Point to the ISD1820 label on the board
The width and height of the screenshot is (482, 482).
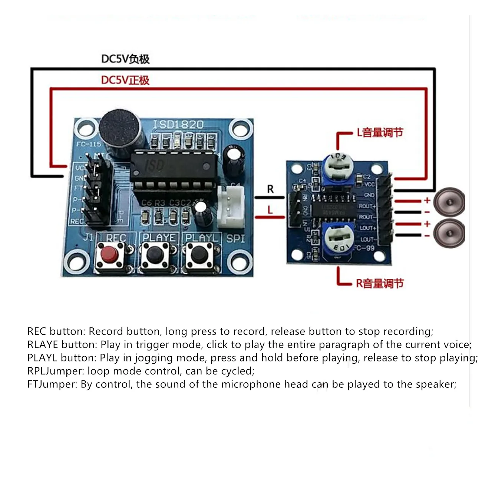click(178, 124)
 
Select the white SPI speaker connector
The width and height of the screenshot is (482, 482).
click(231, 207)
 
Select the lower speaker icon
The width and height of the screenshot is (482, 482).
click(449, 233)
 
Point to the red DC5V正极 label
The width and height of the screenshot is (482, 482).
click(125, 80)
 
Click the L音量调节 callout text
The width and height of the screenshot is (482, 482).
click(380, 133)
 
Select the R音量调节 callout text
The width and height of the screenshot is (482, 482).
click(380, 284)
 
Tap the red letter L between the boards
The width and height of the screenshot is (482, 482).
click(270, 210)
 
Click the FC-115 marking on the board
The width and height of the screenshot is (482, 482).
click(89, 144)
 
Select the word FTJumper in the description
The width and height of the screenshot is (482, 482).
click(52, 384)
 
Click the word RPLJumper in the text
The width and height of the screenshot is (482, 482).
click(56, 371)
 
